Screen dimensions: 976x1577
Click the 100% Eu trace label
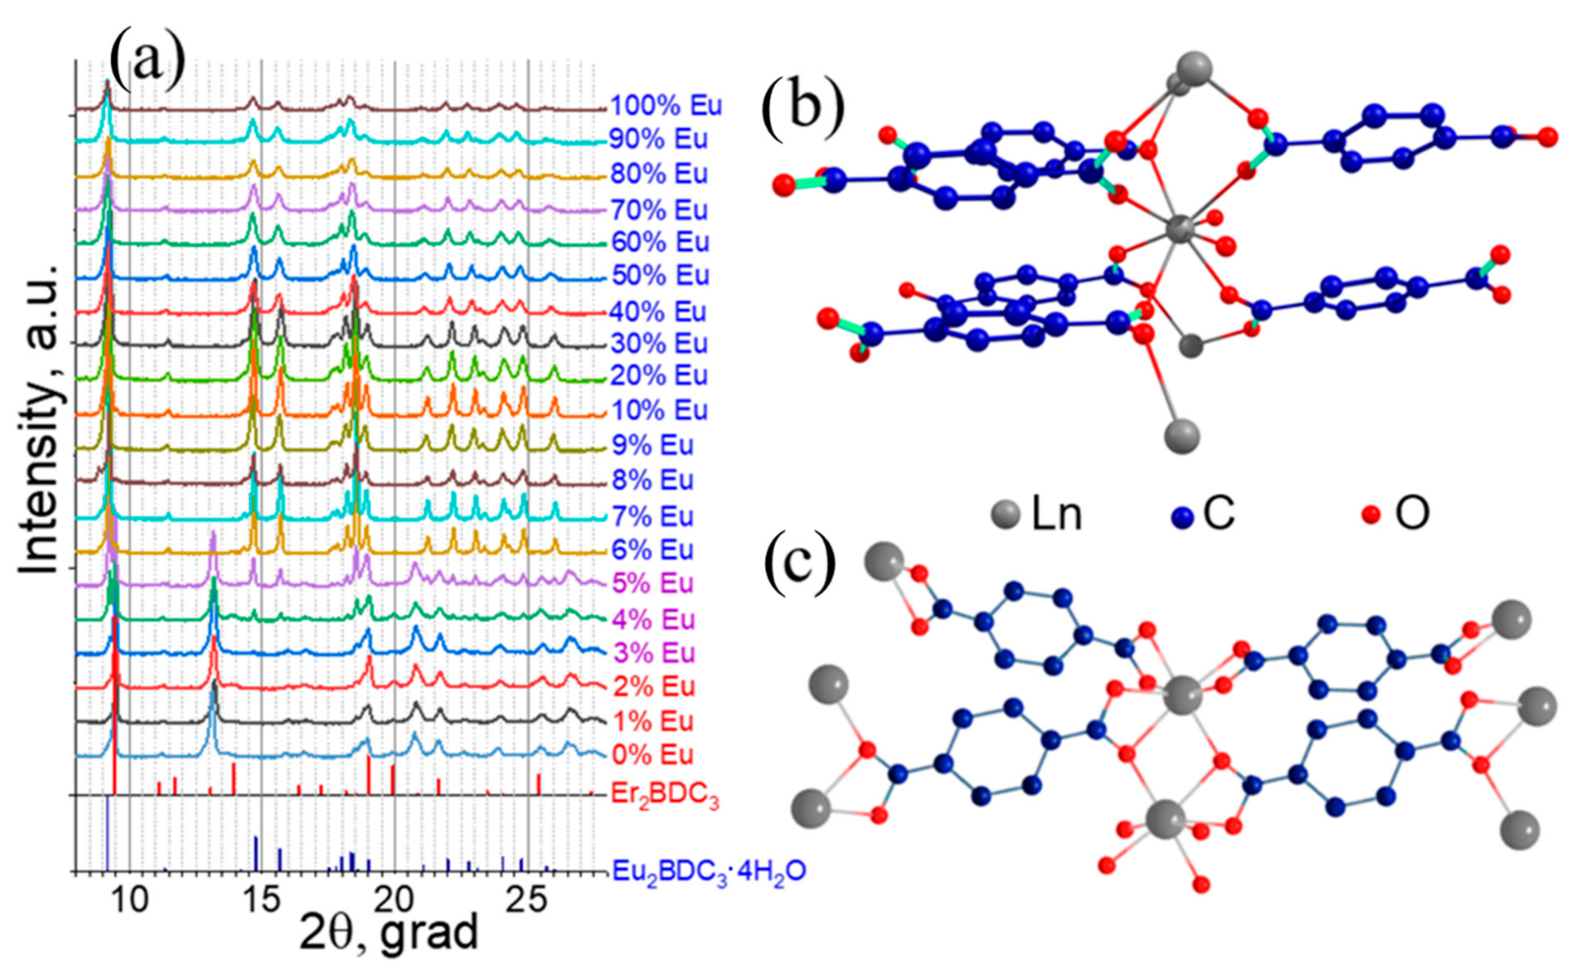pyautogui.click(x=665, y=105)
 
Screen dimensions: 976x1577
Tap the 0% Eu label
pyautogui.click(x=652, y=755)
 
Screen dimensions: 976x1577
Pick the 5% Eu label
pyautogui.click(x=652, y=583)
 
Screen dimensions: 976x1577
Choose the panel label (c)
pyautogui.click(x=799, y=561)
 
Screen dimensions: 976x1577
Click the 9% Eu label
pyautogui.click(x=652, y=445)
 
